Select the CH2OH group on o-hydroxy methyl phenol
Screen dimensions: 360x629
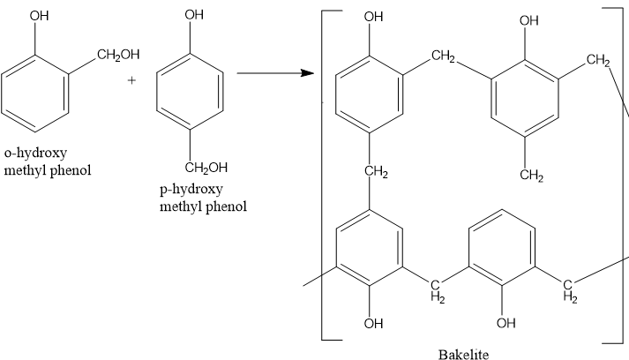click(x=118, y=56)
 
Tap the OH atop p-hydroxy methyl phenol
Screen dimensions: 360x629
click(x=194, y=15)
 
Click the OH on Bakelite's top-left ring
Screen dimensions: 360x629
click(x=373, y=17)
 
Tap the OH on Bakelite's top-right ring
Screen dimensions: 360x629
click(x=530, y=22)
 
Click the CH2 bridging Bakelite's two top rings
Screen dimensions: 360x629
click(x=443, y=58)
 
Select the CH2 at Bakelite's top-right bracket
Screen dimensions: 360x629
click(x=597, y=61)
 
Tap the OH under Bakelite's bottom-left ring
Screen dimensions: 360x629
click(x=373, y=323)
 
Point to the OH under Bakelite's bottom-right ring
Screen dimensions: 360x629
click(x=505, y=323)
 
